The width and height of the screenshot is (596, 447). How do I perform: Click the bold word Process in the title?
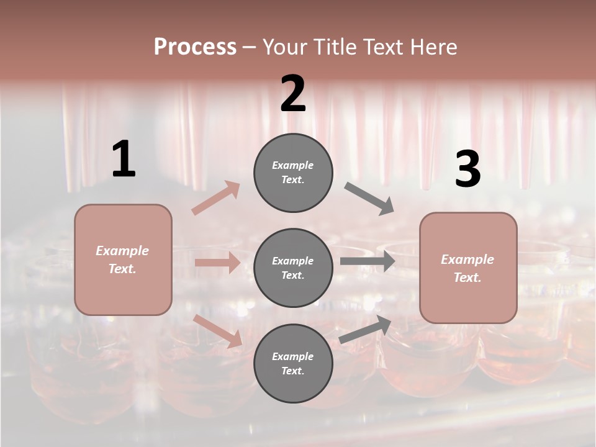pyautogui.click(x=195, y=47)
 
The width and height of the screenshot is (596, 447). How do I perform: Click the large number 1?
pyautogui.click(x=124, y=160)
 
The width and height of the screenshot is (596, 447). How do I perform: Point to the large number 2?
pyautogui.click(x=293, y=94)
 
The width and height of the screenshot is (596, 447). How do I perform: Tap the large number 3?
pyautogui.click(x=467, y=169)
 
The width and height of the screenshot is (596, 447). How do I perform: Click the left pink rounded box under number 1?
pyautogui.click(x=123, y=260)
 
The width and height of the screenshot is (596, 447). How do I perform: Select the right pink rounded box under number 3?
pyautogui.click(x=468, y=268)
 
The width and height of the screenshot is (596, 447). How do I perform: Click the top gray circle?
pyautogui.click(x=293, y=173)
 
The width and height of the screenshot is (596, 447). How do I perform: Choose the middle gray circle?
pyautogui.click(x=293, y=268)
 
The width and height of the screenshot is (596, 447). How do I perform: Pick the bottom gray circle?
pyautogui.click(x=293, y=363)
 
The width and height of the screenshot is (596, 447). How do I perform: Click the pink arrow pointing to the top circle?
pyautogui.click(x=216, y=198)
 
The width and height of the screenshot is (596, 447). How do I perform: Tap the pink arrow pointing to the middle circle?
pyautogui.click(x=217, y=263)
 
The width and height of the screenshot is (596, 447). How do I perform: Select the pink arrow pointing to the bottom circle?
pyautogui.click(x=218, y=330)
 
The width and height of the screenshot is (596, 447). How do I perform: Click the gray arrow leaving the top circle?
pyautogui.click(x=369, y=199)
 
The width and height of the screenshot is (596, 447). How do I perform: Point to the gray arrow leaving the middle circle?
pyautogui.click(x=367, y=261)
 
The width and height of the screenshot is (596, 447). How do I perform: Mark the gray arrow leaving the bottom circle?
pyautogui.click(x=365, y=329)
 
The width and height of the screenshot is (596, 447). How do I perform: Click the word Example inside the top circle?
pyautogui.click(x=293, y=166)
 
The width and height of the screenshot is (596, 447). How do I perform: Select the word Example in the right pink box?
pyautogui.click(x=467, y=260)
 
